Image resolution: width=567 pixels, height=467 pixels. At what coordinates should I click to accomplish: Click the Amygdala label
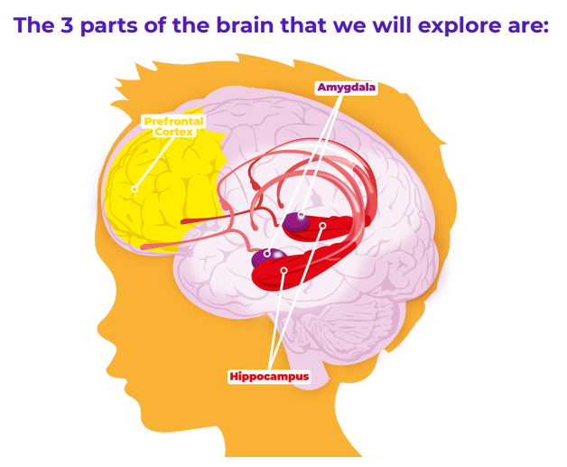346,88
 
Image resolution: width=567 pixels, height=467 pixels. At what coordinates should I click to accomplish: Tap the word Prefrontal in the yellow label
173,120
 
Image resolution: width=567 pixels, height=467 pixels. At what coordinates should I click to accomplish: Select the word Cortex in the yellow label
173,132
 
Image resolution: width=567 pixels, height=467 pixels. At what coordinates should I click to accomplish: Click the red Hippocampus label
269,376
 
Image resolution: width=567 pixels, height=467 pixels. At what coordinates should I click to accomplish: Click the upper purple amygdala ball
296,219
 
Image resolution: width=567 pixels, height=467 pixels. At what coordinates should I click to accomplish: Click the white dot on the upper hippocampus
321,224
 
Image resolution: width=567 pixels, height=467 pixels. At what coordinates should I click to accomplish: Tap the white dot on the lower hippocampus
283,270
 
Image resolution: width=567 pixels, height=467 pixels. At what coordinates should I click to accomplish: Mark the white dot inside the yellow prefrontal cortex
135,189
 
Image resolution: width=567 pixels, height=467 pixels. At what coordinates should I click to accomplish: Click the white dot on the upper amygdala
301,216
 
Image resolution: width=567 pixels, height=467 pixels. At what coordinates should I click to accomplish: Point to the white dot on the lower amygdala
267,254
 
